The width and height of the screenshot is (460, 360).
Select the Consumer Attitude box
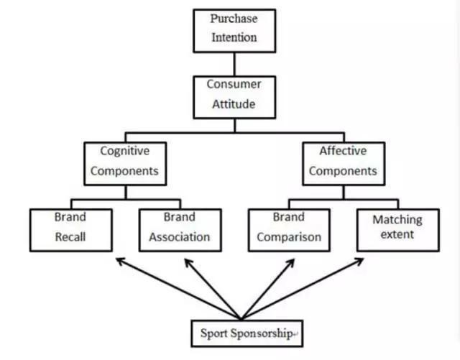233,93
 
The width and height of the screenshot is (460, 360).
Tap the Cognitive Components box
124,162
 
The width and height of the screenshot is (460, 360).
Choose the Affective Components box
344,162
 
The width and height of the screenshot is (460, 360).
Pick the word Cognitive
124,152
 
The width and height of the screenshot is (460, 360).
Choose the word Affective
344,152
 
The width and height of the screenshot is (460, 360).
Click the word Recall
70,236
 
